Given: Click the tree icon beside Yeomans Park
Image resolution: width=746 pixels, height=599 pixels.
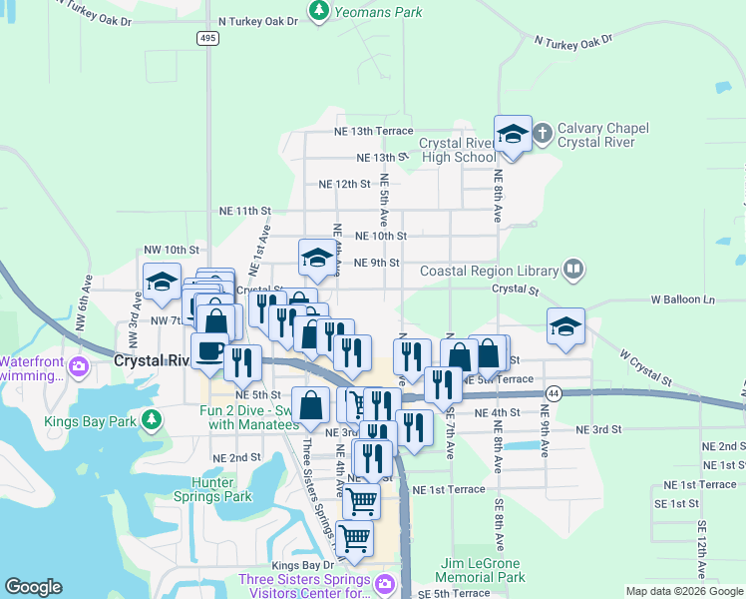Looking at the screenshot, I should point(318,12).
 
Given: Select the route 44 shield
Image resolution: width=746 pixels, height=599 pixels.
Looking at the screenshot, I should point(554,394).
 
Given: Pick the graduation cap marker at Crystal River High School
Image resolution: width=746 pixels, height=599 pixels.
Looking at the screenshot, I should point(513,135).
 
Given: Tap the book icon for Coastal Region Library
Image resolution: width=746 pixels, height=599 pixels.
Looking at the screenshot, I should point(572,270).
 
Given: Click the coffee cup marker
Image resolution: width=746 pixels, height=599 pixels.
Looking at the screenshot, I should point(208,351).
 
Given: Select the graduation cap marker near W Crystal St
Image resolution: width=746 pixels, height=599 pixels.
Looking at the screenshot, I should point(565,326).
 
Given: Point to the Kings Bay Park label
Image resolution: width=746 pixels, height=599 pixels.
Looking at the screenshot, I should point(90,421).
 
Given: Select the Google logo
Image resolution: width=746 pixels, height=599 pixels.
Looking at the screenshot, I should point(34,587).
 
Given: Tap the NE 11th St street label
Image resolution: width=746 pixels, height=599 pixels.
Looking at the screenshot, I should point(245,211).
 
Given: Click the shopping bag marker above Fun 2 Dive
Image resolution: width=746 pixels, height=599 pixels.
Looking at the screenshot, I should point(310,404).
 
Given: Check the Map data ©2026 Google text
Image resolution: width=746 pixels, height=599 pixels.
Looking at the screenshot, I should point(683,591).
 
